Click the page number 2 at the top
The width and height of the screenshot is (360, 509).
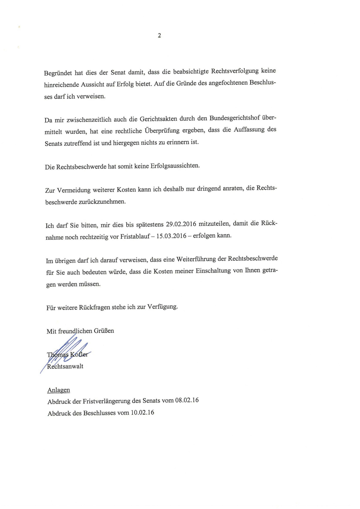[x=159, y=35]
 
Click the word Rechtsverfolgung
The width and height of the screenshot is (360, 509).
[x=235, y=71]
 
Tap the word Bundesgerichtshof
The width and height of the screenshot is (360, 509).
[x=235, y=118]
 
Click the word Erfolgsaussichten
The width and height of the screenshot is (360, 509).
[x=175, y=166]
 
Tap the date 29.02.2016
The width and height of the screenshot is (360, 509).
[x=181, y=224]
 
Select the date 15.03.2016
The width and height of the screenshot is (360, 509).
[x=171, y=236]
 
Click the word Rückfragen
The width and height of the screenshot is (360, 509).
[x=94, y=307]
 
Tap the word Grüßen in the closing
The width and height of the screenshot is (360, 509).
[x=104, y=331]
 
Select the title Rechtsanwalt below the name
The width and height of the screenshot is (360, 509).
[x=65, y=366]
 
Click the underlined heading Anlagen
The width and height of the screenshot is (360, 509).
[x=59, y=390]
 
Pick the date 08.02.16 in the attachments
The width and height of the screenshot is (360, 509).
[x=187, y=400]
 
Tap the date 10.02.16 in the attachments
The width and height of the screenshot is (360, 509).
[x=143, y=413]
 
